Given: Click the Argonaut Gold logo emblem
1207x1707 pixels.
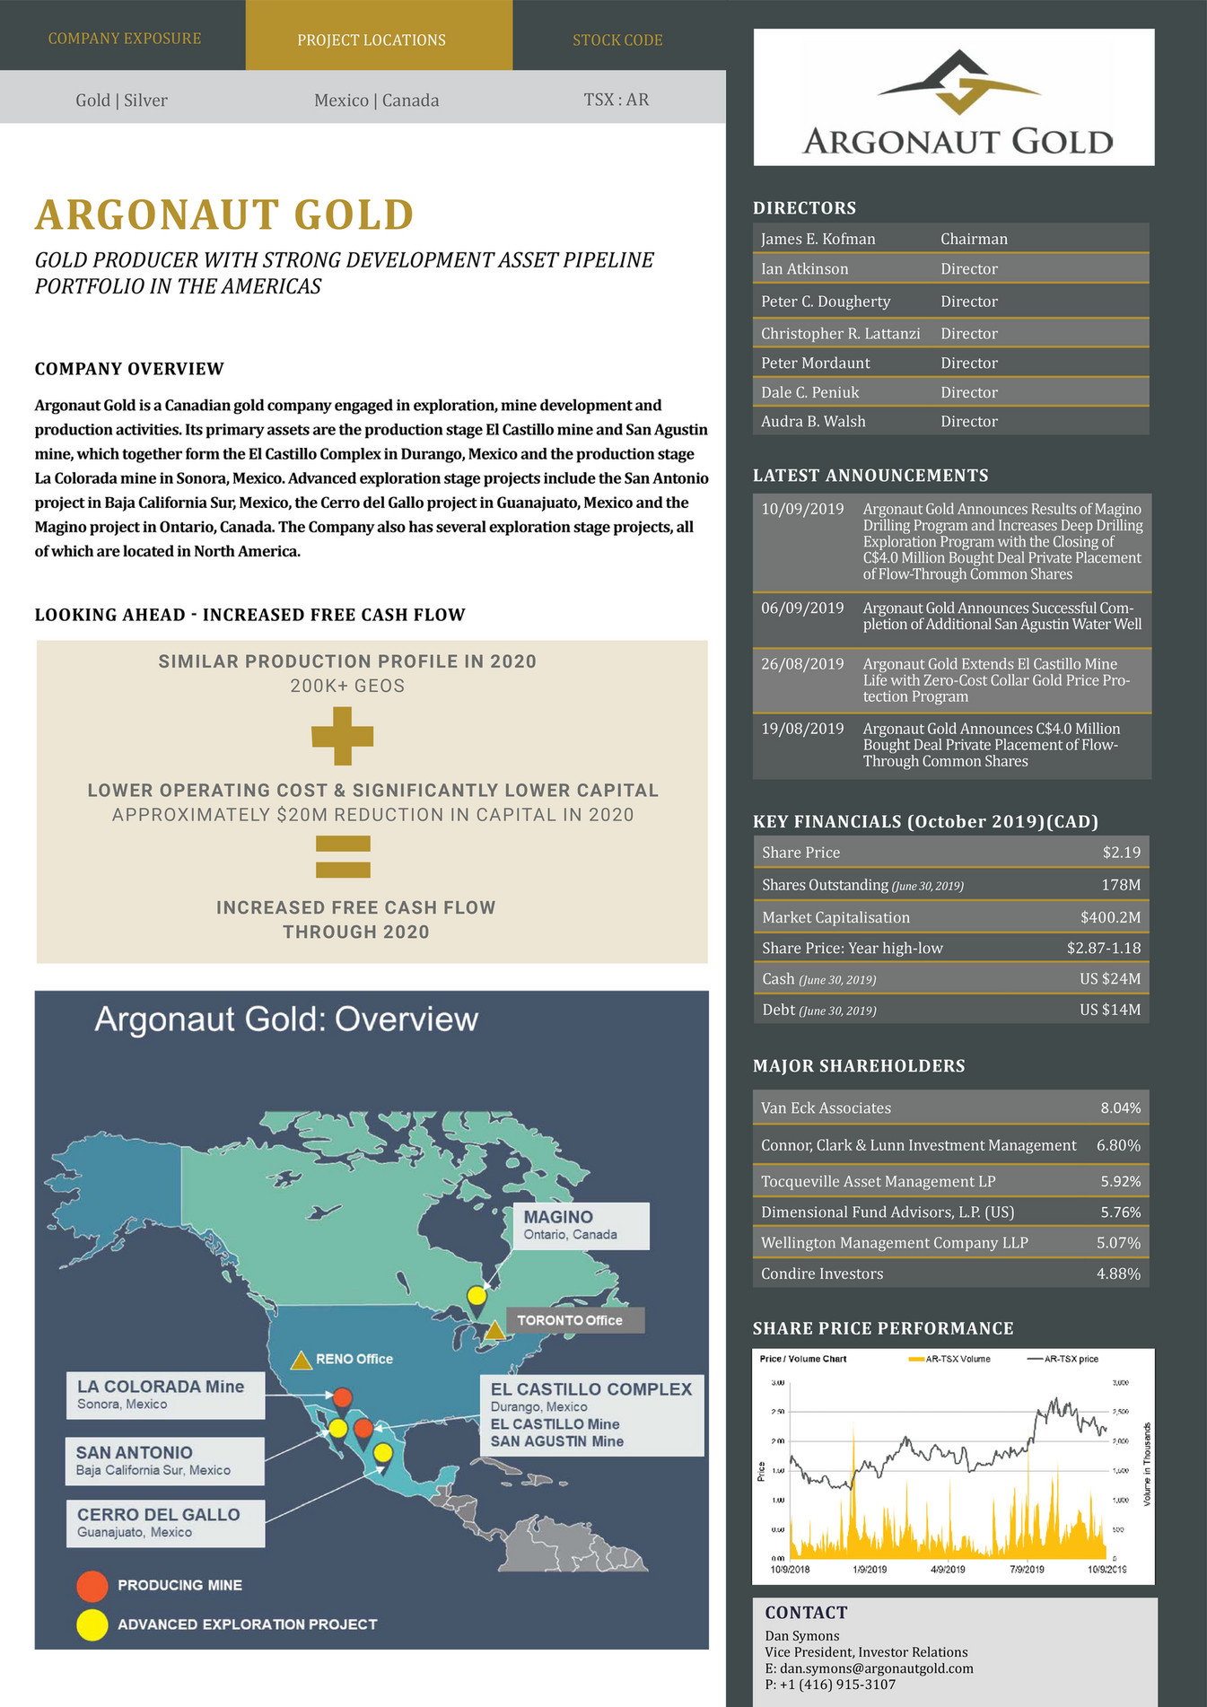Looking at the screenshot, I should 958,82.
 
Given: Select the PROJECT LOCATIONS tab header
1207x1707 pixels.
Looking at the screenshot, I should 372,40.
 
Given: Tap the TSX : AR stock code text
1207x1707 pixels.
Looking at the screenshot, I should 617,100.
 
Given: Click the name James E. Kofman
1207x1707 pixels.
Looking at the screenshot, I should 818,239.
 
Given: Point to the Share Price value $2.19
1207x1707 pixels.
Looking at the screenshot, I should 1121,853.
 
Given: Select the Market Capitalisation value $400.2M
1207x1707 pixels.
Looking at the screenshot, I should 1110,917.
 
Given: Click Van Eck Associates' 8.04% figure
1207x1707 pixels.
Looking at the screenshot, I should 1120,1108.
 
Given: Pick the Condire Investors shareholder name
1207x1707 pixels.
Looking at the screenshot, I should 822,1274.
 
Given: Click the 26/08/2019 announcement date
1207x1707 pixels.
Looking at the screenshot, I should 802,664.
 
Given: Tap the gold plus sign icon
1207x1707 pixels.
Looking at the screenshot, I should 342,736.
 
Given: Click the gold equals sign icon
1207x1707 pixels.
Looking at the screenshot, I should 343,856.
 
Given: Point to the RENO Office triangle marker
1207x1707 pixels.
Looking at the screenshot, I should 302,1361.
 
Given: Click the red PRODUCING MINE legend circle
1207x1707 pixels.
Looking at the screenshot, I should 92,1586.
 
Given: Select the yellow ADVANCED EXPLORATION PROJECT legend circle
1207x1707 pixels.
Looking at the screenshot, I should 92,1624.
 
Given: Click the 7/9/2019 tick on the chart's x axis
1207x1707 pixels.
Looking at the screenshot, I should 1027,1570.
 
